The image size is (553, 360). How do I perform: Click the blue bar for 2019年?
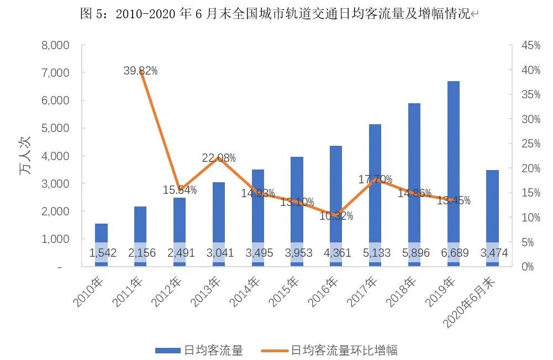(x=453, y=166)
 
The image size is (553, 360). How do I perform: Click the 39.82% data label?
(x=140, y=70)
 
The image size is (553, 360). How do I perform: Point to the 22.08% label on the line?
(x=219, y=158)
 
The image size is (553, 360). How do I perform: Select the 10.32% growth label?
(x=336, y=216)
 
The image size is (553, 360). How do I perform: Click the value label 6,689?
(x=452, y=253)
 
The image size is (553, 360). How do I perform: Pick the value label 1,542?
(x=101, y=253)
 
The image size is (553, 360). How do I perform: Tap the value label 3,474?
(x=492, y=253)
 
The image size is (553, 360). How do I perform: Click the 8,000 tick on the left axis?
(x=56, y=45)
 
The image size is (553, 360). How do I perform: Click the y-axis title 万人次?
(x=25, y=156)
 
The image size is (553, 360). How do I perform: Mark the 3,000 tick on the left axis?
(x=56, y=183)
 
